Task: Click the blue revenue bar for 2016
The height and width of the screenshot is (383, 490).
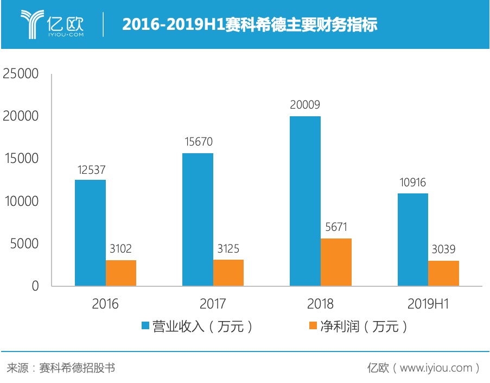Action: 90,233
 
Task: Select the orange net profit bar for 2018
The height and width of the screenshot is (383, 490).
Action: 336,262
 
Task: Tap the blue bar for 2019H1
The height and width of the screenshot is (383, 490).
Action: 412,240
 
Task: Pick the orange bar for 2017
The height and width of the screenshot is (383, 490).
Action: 228,273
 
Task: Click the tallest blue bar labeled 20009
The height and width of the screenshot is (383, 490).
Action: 305,201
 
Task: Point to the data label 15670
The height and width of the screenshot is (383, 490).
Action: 198,142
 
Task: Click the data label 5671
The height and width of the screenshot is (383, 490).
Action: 336,227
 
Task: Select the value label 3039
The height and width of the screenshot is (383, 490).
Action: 443,249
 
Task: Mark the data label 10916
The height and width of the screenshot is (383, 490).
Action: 412,182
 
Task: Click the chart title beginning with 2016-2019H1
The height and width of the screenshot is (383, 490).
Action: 249,25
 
